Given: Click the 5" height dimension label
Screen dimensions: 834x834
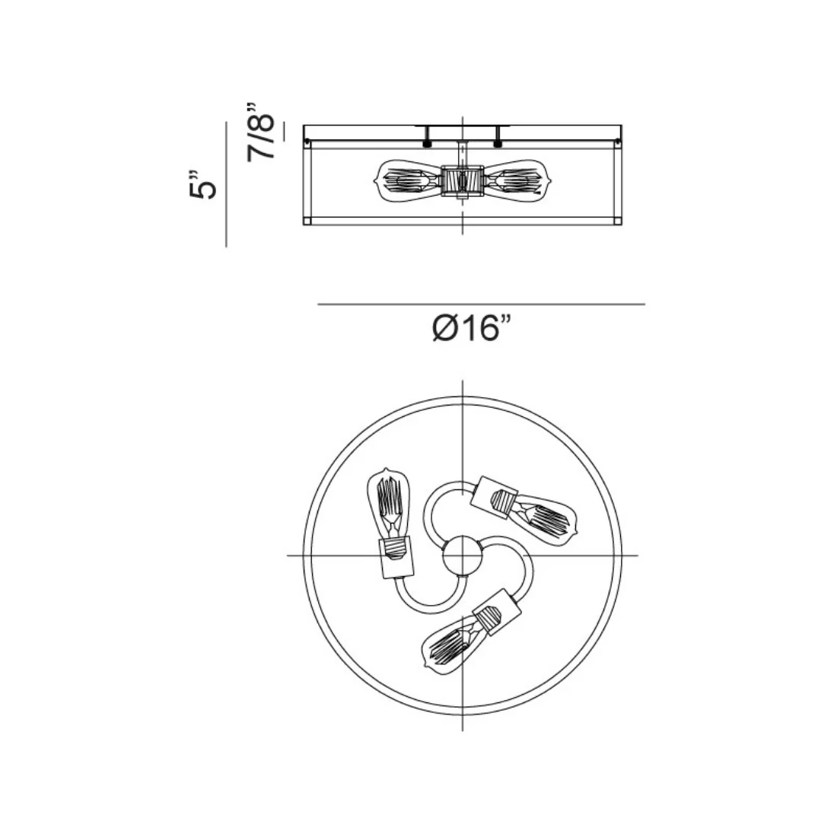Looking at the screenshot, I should (x=203, y=186).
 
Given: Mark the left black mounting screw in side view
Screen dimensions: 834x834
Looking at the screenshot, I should (x=428, y=141).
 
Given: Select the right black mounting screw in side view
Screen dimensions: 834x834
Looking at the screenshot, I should (x=498, y=141).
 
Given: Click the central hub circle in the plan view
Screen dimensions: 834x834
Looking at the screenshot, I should (x=462, y=555).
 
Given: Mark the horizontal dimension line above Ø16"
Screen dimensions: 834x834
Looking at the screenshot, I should (x=481, y=304).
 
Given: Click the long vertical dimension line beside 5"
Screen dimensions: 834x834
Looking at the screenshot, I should (x=227, y=186).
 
